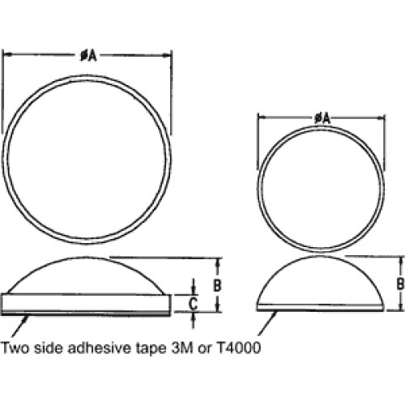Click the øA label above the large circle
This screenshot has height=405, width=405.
(88, 56)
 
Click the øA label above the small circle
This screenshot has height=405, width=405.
(322, 118)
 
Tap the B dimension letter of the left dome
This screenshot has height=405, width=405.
(217, 285)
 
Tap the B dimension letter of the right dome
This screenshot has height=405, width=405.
(400, 283)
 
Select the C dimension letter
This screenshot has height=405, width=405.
(193, 304)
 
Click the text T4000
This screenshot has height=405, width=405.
(239, 347)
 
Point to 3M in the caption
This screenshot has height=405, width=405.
(182, 347)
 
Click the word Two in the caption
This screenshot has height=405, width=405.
(15, 347)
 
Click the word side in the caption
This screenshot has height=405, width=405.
(49, 347)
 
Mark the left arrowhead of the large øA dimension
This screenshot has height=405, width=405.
(6, 55)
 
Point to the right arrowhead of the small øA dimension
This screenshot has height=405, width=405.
(381, 117)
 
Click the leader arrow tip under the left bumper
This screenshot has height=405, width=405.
(27, 317)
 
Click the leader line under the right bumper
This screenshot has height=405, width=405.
(267, 323)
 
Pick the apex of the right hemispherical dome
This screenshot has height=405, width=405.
(320, 256)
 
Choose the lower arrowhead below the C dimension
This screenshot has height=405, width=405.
(193, 317)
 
